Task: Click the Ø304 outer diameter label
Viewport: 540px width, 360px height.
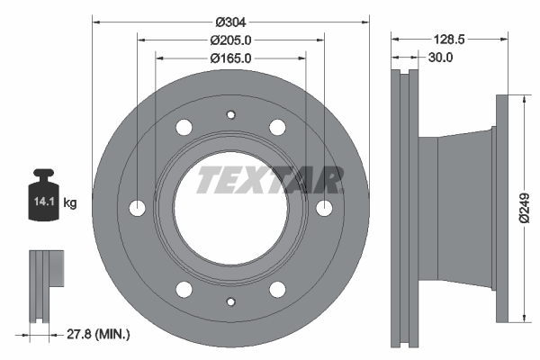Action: click(230, 22)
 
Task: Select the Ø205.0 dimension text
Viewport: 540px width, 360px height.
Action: click(230, 40)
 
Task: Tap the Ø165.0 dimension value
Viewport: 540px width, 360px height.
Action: click(230, 58)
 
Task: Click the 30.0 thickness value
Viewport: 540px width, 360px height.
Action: click(440, 58)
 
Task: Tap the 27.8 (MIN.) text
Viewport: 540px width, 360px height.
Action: click(100, 335)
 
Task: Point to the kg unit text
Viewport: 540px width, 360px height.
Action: click(70, 203)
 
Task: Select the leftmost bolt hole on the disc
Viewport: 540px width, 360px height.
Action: click(138, 208)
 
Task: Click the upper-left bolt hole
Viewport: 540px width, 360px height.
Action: click(184, 127)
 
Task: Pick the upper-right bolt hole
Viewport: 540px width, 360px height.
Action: click(277, 127)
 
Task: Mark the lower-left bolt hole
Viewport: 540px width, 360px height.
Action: click(184, 289)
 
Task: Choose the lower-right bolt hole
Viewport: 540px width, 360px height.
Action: click(277, 289)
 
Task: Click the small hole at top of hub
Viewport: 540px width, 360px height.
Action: click(230, 114)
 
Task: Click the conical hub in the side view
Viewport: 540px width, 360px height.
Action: click(463, 209)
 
